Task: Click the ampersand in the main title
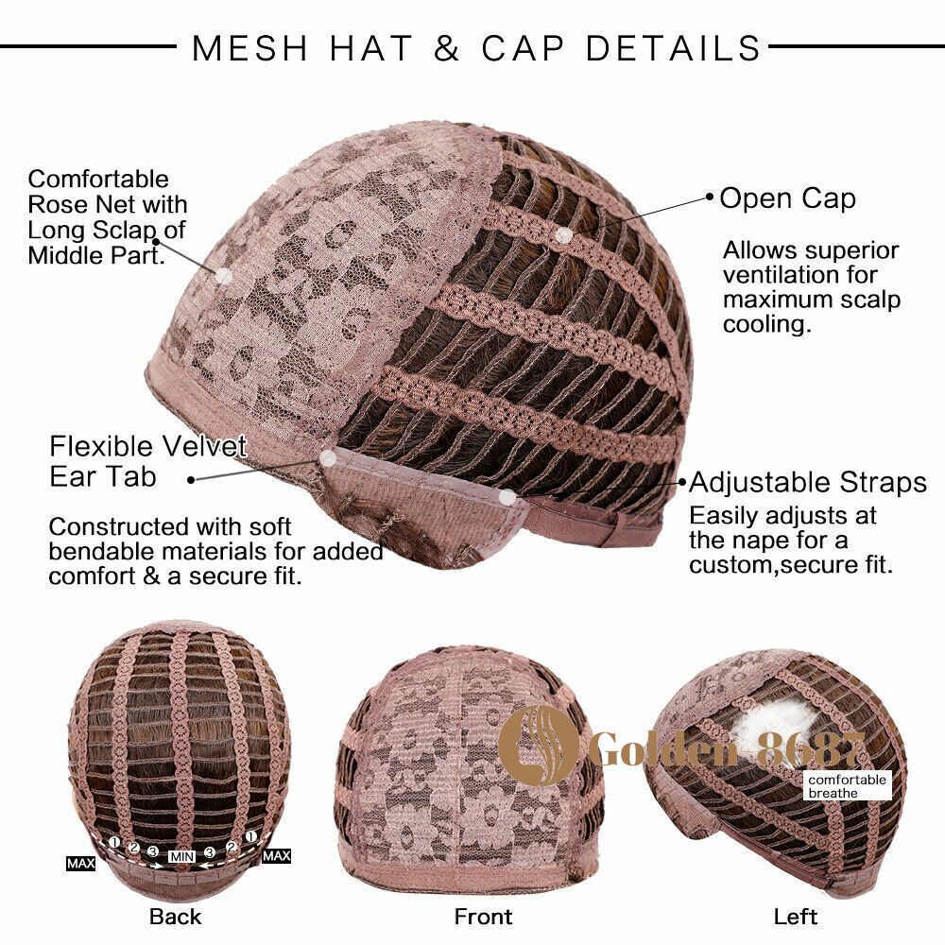446,48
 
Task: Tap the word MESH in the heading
250,48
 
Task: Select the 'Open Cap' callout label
787,199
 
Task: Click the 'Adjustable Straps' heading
808,482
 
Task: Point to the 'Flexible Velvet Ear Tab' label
148,462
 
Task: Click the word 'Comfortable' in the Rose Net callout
98,179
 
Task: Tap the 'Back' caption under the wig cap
176,917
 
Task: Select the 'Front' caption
483,917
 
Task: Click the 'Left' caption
796,917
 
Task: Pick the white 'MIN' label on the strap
181,856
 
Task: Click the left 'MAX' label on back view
80,864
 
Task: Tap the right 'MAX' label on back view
277,856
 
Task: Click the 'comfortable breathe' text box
847,786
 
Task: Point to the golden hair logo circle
538,746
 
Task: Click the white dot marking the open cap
564,235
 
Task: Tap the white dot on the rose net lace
224,276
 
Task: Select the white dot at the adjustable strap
508,497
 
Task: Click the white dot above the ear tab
328,458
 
